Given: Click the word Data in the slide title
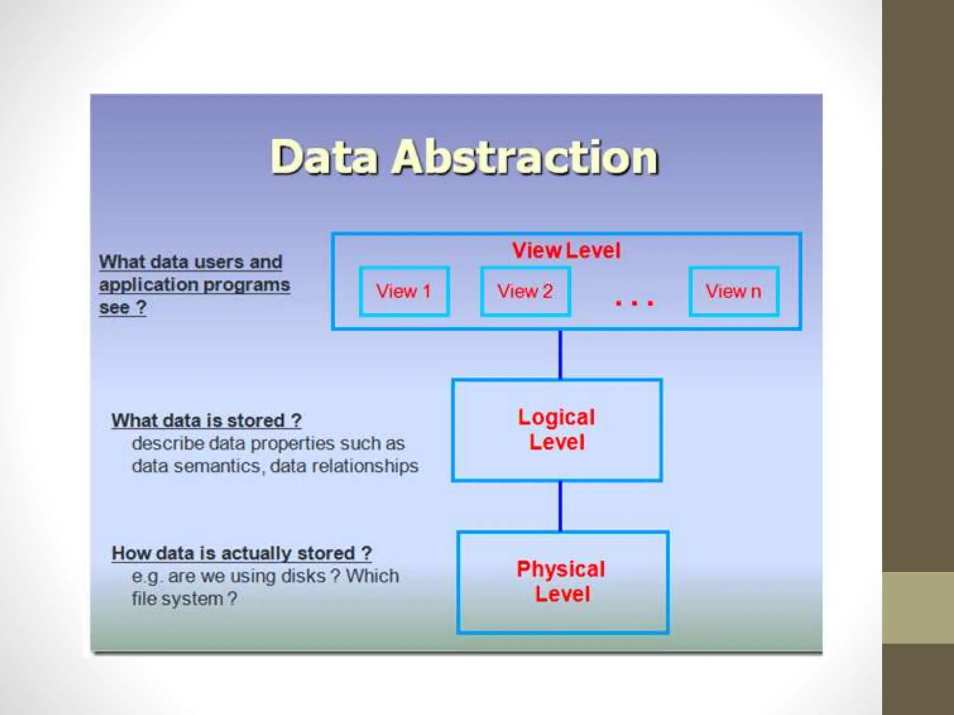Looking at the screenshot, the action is coord(324,157).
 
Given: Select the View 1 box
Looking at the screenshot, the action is coord(404,291).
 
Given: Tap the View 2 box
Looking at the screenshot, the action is coord(525,291).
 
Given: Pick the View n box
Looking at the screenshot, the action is coord(734,291).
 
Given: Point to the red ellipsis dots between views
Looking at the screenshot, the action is coord(634,304).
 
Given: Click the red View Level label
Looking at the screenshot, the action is coord(566,250).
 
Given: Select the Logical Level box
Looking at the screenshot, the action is coord(557,430).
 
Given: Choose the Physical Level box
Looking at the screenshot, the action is coord(563,582).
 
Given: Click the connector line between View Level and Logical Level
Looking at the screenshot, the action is coord(560,355).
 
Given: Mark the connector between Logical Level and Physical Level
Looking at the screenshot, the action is coord(560,506).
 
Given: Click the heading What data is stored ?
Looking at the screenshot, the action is coord(206,421).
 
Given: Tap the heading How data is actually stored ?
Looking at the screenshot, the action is coord(242,553).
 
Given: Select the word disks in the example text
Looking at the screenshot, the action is coord(303,576).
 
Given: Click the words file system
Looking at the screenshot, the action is coord(177,599).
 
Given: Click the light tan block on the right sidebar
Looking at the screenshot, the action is coord(918,607).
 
